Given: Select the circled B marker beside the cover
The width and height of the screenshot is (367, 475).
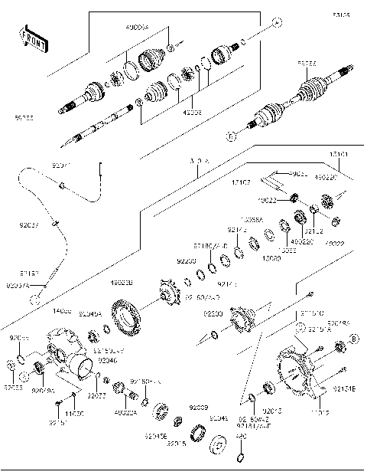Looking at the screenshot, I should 353,338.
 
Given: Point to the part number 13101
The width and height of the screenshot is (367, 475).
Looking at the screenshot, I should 339,156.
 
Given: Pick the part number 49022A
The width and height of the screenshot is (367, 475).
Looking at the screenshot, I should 125,413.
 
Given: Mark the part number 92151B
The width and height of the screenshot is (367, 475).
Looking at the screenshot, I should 344,389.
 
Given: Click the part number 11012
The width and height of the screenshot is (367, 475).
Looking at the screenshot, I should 320,413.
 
